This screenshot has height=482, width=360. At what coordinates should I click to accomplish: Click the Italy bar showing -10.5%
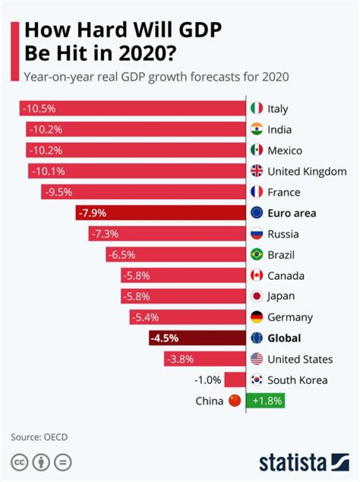(132, 109)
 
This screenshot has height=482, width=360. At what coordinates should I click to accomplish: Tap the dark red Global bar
(197, 338)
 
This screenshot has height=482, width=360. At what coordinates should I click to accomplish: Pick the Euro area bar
(160, 213)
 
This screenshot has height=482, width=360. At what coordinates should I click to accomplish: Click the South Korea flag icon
(256, 380)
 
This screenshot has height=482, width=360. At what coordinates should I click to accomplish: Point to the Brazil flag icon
(256, 255)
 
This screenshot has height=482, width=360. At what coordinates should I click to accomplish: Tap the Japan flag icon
(256, 296)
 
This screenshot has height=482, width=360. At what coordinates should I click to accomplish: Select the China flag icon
(234, 400)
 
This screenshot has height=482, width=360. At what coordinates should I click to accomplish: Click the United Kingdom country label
(307, 172)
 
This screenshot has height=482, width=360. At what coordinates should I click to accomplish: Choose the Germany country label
(290, 317)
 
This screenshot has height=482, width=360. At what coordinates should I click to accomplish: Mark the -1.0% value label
(207, 380)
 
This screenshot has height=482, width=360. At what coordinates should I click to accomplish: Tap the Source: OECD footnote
(39, 437)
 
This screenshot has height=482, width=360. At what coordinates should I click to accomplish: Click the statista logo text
(292, 462)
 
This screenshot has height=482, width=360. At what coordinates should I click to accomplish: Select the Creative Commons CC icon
(19, 462)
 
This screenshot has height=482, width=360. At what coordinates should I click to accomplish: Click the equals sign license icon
(63, 462)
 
